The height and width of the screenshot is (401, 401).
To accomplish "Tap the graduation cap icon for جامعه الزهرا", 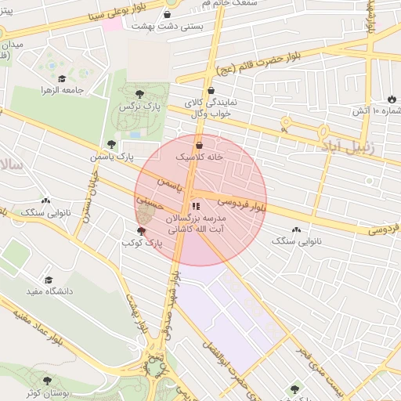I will (62, 78).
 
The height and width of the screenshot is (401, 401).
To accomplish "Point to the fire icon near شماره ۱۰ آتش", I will (391, 99).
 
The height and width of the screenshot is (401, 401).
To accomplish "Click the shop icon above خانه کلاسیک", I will (199, 145).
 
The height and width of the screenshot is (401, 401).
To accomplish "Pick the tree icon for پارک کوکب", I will (141, 231).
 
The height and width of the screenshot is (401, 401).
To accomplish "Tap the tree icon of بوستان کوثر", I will (47, 381).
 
